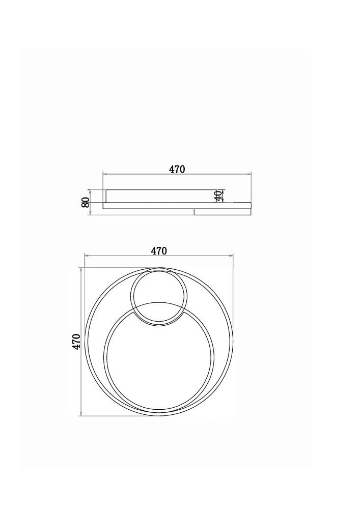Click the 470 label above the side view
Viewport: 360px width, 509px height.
pos(177,169)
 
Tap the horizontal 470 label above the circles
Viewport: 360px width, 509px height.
pos(159,250)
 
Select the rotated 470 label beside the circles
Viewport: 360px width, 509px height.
pos(76,342)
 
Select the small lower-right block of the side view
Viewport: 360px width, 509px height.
pos(223,212)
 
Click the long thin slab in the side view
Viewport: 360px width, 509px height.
pos(177,206)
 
